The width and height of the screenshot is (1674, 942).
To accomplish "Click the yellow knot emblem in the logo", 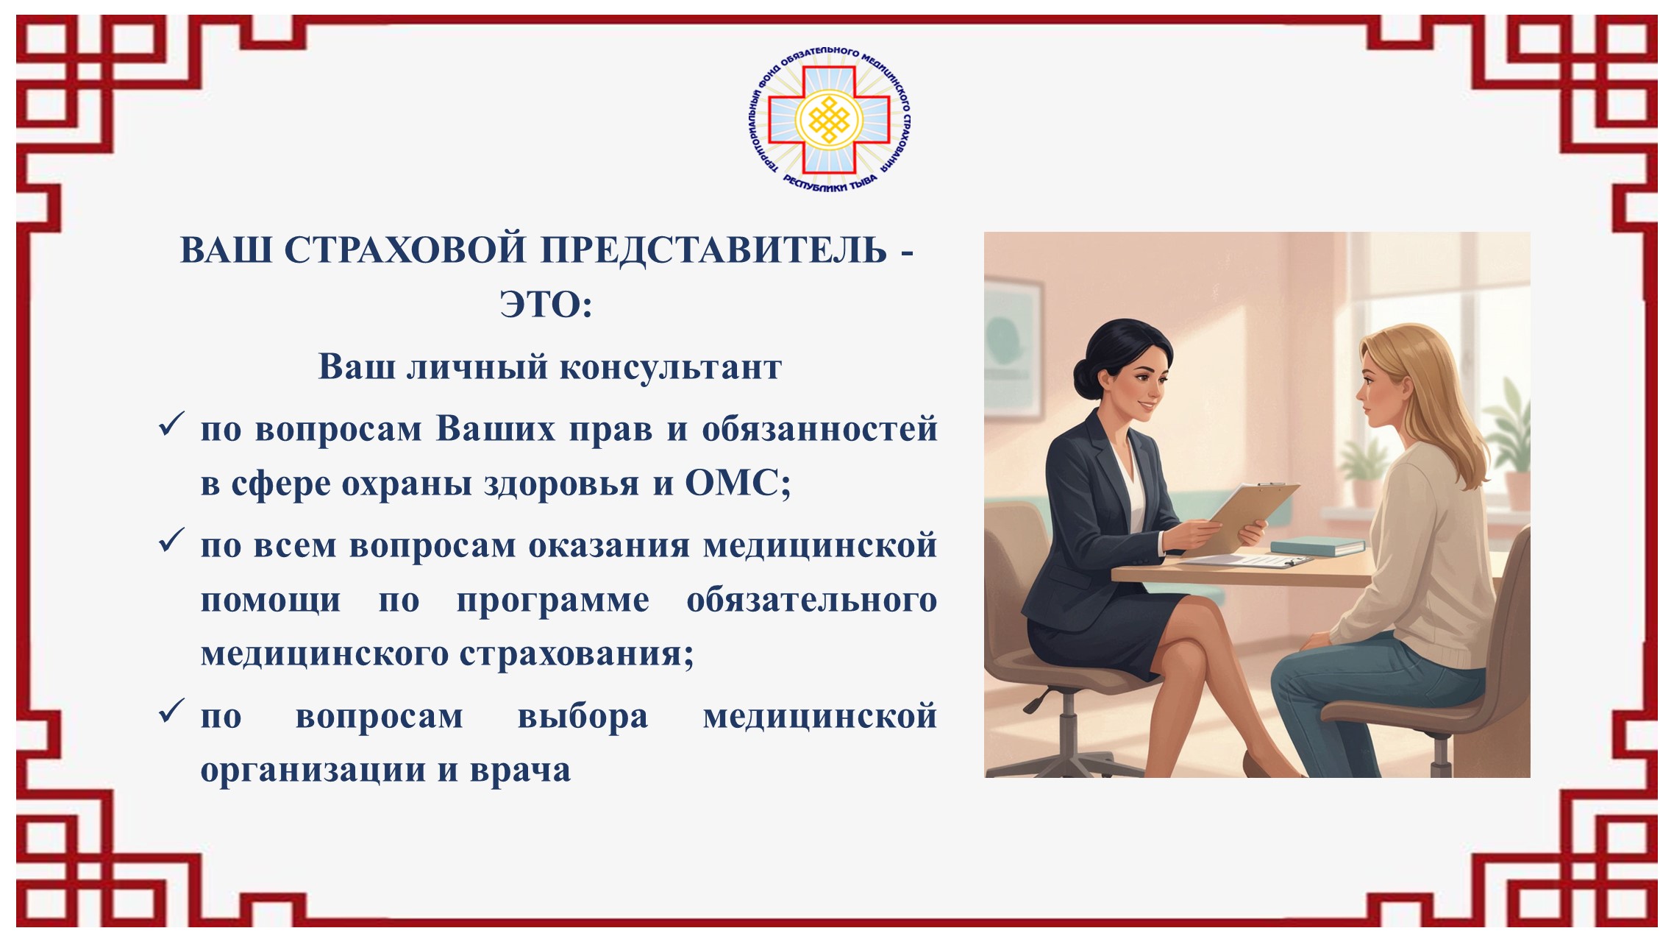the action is [x=829, y=120].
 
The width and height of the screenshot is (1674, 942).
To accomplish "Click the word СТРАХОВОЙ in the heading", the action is [x=405, y=250].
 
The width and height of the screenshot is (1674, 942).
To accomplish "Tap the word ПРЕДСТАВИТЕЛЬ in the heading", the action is [x=714, y=250].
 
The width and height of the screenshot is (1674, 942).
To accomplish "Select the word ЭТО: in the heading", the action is [x=546, y=304].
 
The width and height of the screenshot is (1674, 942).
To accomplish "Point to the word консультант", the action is [x=671, y=367].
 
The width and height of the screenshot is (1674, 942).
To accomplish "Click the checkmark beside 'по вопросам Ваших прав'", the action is [x=171, y=425].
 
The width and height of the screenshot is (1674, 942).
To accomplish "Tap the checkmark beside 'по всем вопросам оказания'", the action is [x=171, y=541].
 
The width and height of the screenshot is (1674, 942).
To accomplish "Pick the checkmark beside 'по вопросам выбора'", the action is [x=171, y=712].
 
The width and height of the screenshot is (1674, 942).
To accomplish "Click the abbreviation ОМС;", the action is [x=738, y=484].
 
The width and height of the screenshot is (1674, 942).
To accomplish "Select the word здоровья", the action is [x=561, y=486].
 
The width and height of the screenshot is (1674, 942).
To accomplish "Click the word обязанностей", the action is [x=819, y=429].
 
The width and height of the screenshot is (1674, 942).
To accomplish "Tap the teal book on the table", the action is [x=1317, y=546].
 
